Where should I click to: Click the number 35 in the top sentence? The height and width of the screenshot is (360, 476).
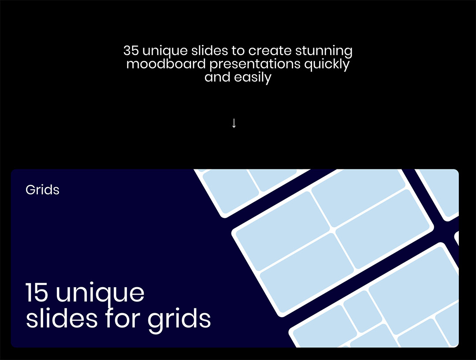[x=131, y=50]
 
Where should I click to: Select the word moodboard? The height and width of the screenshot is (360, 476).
[x=166, y=64]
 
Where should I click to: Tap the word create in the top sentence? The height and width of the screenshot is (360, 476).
[x=270, y=51]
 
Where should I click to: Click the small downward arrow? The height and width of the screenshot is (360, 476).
[x=234, y=123]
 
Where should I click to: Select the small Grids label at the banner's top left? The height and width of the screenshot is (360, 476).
[x=42, y=190]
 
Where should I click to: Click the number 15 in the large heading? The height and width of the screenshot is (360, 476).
[x=37, y=292]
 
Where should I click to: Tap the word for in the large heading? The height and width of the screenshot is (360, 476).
[x=123, y=318]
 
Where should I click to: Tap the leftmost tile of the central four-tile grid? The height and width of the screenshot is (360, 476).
[x=283, y=230]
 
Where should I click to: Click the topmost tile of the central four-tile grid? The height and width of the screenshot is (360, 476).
[x=358, y=198]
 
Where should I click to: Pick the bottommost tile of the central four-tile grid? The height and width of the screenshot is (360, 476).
[x=307, y=274]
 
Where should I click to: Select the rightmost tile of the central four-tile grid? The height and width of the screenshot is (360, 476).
[x=383, y=229]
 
